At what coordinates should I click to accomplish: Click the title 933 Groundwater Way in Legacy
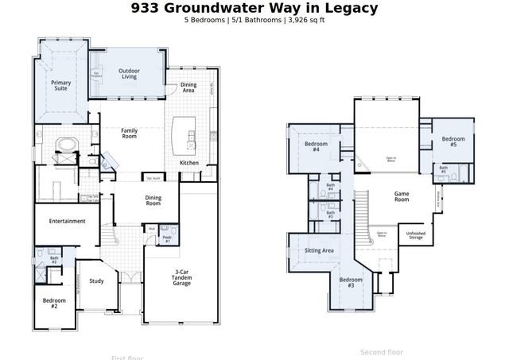pos(254,8)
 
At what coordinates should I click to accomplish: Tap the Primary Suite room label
pos(61,85)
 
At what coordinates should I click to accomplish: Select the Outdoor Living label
pos(130,74)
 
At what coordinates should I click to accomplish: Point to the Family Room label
pos(130,134)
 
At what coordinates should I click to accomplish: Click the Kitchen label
pos(188,163)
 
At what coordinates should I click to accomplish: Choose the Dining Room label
pos(153,200)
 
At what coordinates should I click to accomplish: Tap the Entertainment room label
pos(67,221)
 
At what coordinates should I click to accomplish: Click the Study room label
pos(96,281)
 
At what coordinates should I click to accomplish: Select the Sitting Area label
pos(319,250)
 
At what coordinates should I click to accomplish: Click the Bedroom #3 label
pos(348,282)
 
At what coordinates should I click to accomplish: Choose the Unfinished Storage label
pos(415,235)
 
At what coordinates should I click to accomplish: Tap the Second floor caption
pos(382,351)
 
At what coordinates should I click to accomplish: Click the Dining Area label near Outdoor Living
pos(188,87)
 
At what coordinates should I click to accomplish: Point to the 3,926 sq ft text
pos(305,20)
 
